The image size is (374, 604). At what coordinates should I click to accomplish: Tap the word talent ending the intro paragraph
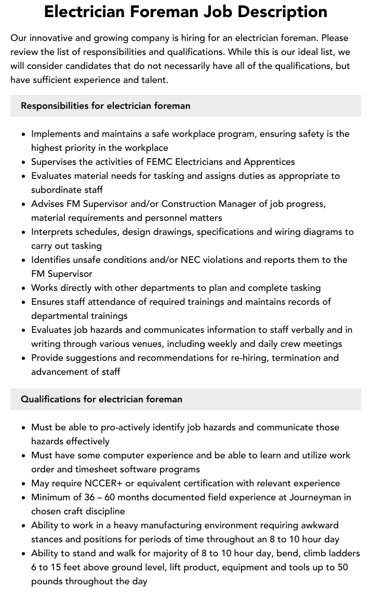(154, 80)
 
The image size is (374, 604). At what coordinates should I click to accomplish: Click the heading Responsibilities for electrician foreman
(105, 106)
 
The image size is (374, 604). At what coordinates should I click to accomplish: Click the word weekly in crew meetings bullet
(237, 344)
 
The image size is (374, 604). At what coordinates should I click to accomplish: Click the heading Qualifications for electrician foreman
(101, 399)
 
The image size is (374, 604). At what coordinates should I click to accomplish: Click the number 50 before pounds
(342, 567)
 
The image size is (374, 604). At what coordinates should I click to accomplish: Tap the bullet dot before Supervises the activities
(24, 162)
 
